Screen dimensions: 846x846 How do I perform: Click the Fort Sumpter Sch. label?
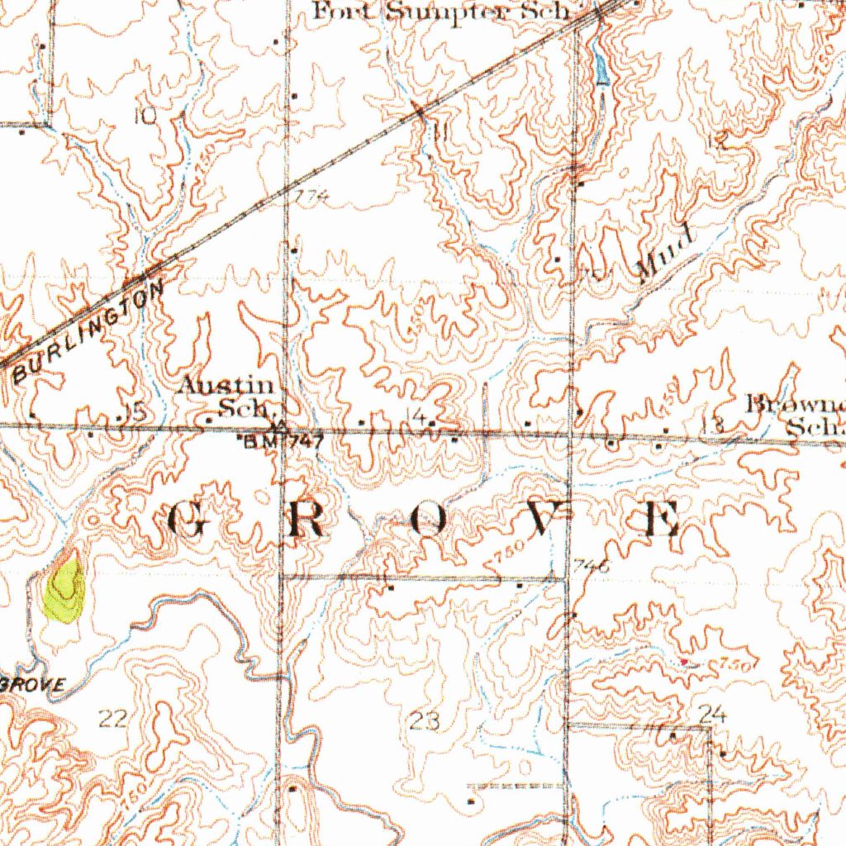pyautogui.click(x=442, y=12)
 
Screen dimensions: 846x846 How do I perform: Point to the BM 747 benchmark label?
pyautogui.click(x=281, y=442)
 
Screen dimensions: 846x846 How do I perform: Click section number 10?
pyautogui.click(x=145, y=116)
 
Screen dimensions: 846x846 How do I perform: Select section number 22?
pyautogui.click(x=112, y=718)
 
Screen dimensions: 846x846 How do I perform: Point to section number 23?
pyautogui.click(x=424, y=721)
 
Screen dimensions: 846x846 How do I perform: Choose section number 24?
pyautogui.click(x=711, y=714)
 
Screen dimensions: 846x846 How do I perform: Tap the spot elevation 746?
pyautogui.click(x=591, y=567)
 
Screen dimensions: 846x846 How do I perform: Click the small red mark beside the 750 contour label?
pyautogui.click(x=685, y=661)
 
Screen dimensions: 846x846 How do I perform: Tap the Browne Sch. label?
pyautogui.click(x=797, y=415)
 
